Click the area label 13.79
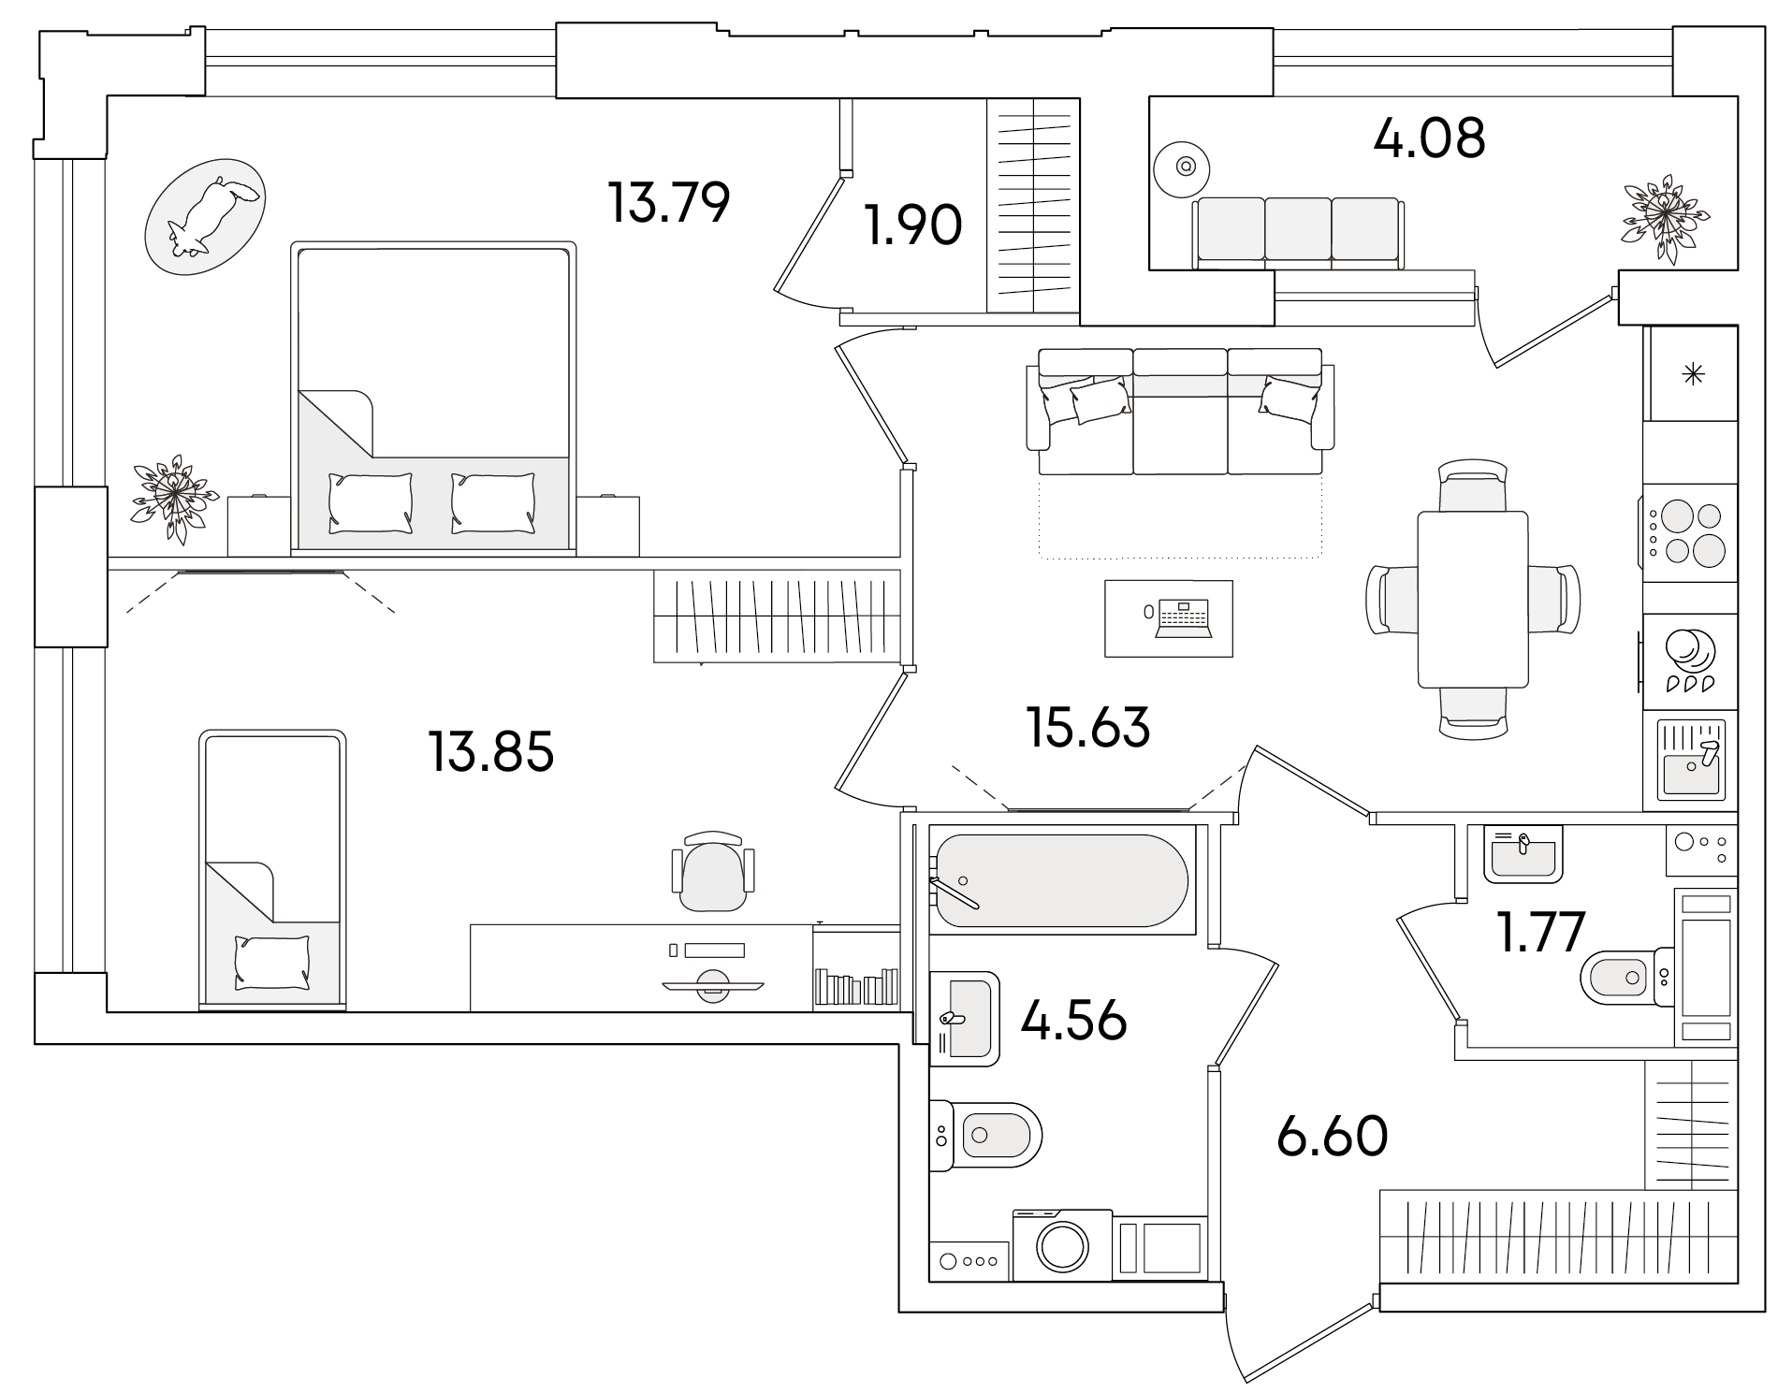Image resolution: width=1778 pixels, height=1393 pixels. click(668, 204)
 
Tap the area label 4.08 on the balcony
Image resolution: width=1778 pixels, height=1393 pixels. click(1429, 138)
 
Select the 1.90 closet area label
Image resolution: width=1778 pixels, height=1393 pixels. click(913, 226)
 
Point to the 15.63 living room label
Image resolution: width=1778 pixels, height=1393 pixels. click(1088, 728)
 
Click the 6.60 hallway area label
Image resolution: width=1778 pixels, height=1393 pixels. click(1332, 1137)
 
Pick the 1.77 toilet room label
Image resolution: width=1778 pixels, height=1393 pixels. click(1541, 932)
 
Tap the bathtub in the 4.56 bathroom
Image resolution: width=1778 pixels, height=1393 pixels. click(1062, 880)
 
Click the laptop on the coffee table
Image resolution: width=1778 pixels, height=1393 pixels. click(1184, 619)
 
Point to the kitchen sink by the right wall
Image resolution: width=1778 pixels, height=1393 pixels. click(1691, 760)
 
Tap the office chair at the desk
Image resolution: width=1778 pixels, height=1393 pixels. click(712, 870)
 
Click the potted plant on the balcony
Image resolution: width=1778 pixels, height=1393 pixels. click(1666, 218)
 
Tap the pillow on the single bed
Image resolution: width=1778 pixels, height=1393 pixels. click(272, 962)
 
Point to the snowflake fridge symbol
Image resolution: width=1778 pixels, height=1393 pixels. click(1693, 375)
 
